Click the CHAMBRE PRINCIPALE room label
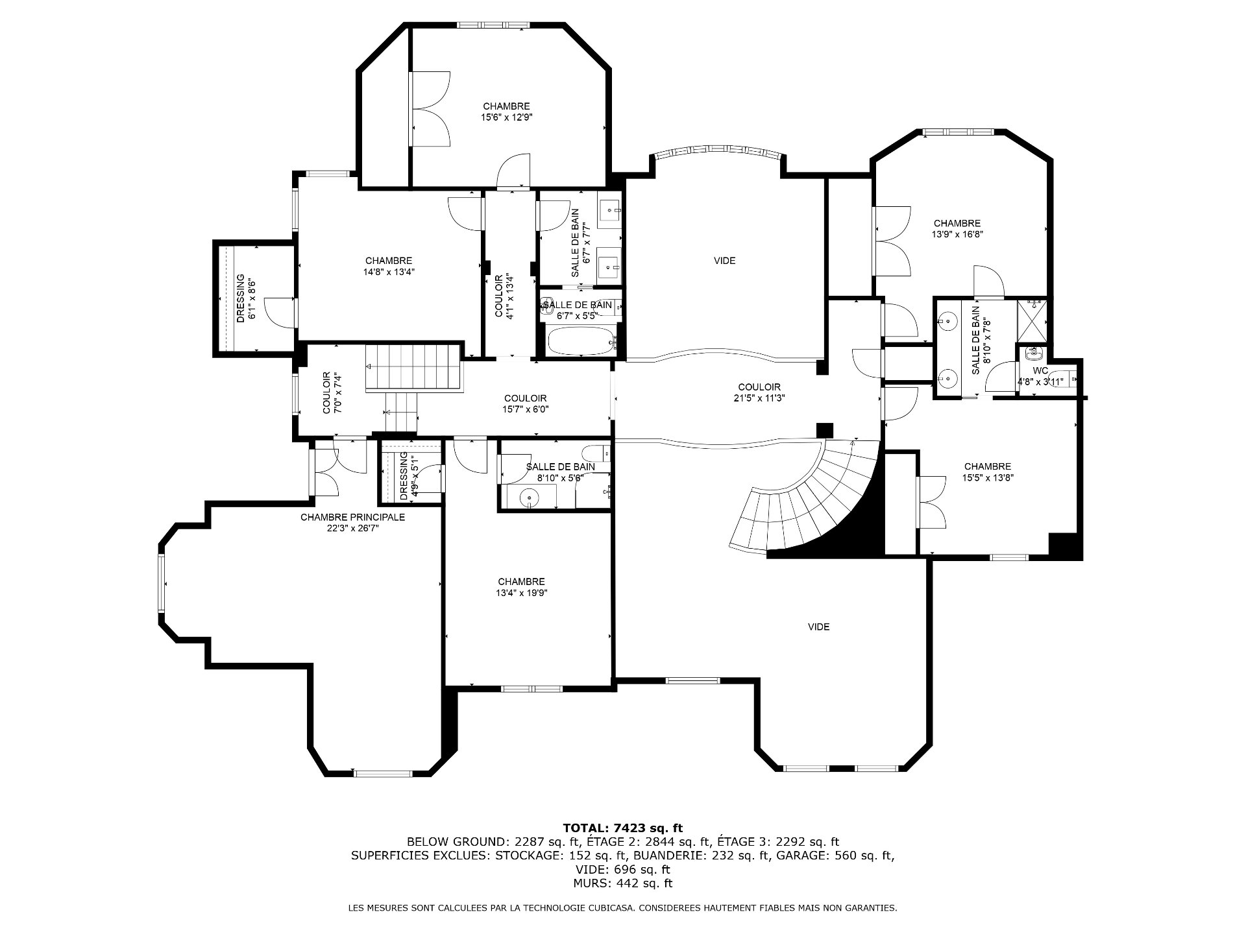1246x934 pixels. tap(352, 517)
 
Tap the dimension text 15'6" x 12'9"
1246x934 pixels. tap(507, 117)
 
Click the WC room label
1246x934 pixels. tap(1040, 370)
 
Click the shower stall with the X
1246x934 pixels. tap(1032, 321)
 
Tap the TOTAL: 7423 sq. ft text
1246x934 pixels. tap(623, 828)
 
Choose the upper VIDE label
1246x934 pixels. tap(725, 261)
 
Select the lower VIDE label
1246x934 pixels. tap(819, 627)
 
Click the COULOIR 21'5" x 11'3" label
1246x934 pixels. tap(759, 393)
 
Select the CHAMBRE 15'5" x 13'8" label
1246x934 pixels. tap(988, 472)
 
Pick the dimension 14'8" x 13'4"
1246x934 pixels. tap(389, 272)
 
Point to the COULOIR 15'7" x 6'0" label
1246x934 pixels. tap(526, 403)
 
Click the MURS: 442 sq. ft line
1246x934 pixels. tap(623, 883)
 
